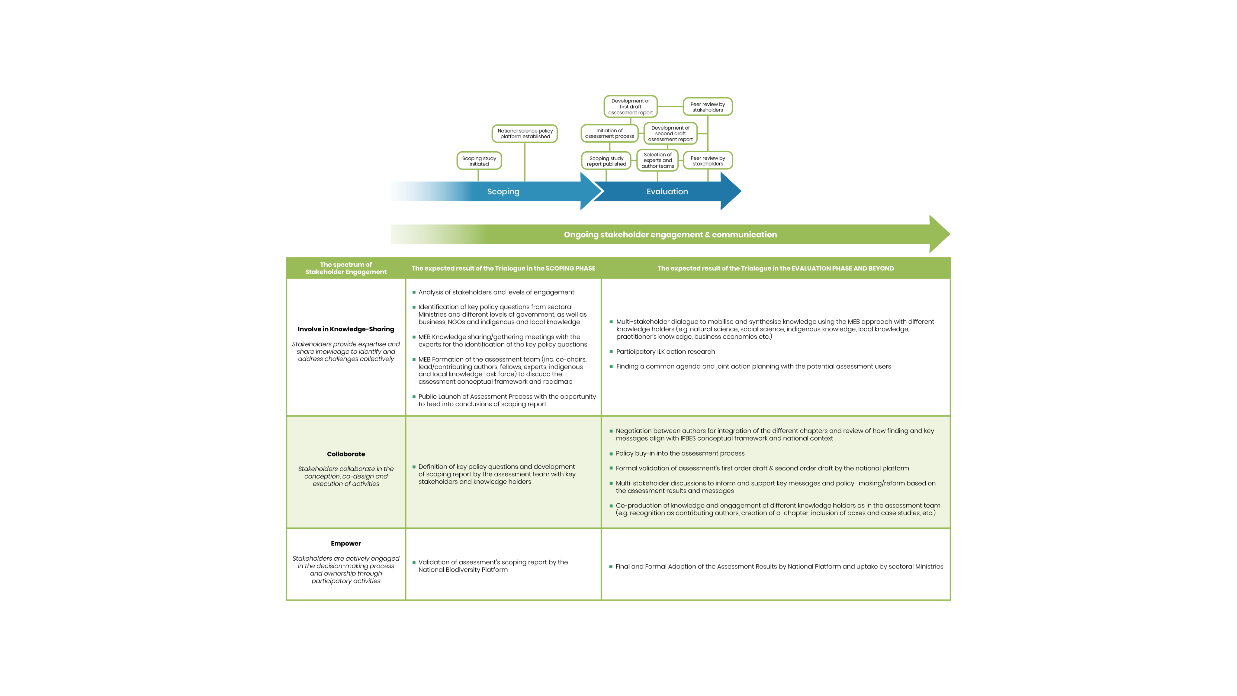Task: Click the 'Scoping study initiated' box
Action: (x=479, y=161)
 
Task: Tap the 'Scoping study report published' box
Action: (x=606, y=161)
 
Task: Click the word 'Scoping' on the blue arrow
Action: (x=503, y=192)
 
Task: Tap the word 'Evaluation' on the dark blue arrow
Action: (x=667, y=192)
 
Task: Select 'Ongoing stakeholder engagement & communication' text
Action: (x=670, y=234)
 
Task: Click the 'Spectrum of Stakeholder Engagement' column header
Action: (x=346, y=268)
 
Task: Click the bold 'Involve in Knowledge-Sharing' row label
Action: (x=346, y=329)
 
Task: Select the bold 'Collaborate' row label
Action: (x=346, y=454)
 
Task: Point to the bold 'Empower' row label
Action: (x=346, y=543)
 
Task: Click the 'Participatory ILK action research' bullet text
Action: (x=665, y=352)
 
